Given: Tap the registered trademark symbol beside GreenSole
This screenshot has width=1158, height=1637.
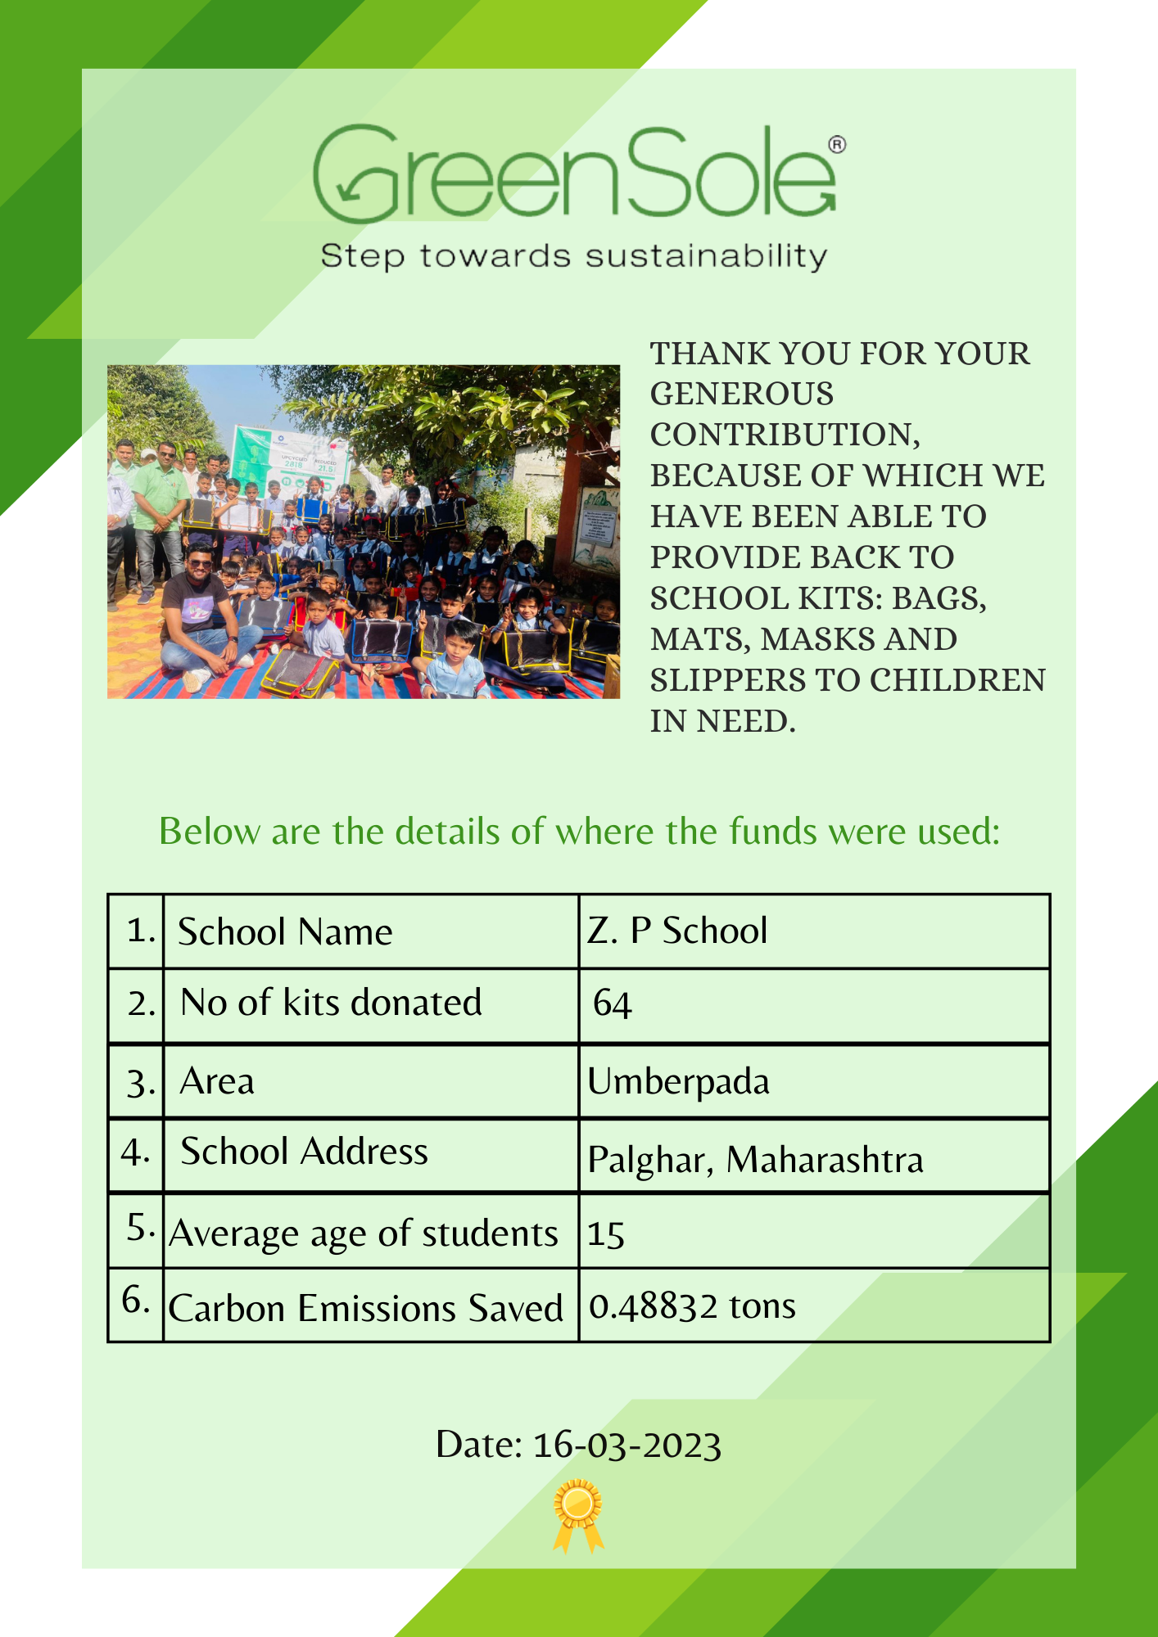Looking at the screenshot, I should (x=837, y=145).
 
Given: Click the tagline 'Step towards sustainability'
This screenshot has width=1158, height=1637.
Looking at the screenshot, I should (x=574, y=256).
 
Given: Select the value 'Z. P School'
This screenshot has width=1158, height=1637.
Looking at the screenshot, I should (x=677, y=931).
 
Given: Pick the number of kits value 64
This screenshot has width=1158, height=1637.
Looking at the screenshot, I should (x=613, y=1003).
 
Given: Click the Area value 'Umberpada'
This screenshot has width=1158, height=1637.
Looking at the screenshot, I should (x=678, y=1082).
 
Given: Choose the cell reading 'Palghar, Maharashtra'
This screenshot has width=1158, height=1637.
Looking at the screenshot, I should (x=755, y=1160).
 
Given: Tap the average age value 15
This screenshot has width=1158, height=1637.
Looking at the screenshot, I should (x=606, y=1234).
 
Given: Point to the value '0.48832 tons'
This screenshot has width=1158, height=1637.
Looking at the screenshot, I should (x=692, y=1306).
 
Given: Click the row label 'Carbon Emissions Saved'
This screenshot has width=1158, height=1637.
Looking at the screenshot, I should (x=365, y=1308).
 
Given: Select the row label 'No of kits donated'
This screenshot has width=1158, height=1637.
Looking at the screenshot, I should (x=331, y=1003).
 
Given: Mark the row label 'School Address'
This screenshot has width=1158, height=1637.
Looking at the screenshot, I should (x=304, y=1152).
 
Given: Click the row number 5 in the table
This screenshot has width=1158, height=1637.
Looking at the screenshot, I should (x=140, y=1228).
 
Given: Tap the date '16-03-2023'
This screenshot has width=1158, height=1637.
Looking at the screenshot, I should (x=626, y=1445).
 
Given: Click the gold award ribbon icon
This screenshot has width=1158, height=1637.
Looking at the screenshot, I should (x=578, y=1514).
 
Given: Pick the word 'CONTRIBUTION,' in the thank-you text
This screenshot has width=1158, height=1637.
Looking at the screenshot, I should (x=785, y=435).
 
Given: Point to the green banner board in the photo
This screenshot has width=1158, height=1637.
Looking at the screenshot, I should (x=291, y=458).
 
